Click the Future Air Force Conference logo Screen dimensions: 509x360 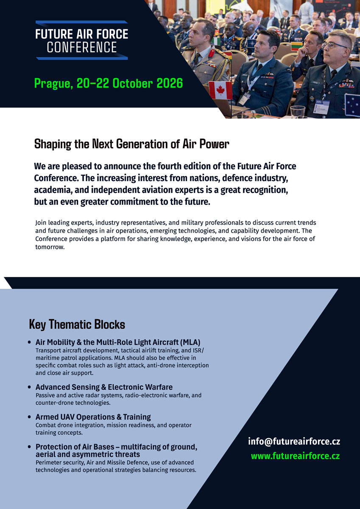pyautogui.click(x=82, y=40)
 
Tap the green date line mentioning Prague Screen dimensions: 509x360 pyautogui.click(x=109, y=84)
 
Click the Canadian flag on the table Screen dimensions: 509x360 pyautogui.click(x=220, y=90)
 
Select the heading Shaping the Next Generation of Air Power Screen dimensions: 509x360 pyautogui.click(x=131, y=144)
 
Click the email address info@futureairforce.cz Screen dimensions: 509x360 pyautogui.click(x=294, y=442)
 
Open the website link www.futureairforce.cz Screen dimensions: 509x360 pyautogui.click(x=295, y=456)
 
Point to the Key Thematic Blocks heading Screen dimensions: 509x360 pyautogui.click(x=77, y=325)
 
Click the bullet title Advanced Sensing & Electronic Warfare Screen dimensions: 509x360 pyautogui.click(x=104, y=387)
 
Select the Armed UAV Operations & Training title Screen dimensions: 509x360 pyautogui.click(x=93, y=417)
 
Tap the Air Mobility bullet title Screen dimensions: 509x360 pyautogui.click(x=117, y=342)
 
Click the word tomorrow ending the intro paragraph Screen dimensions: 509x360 pyautogui.click(x=49, y=247)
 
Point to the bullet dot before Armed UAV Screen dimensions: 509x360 pyautogui.click(x=29, y=417)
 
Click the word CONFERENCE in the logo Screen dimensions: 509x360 pyautogui.click(x=82, y=47)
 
